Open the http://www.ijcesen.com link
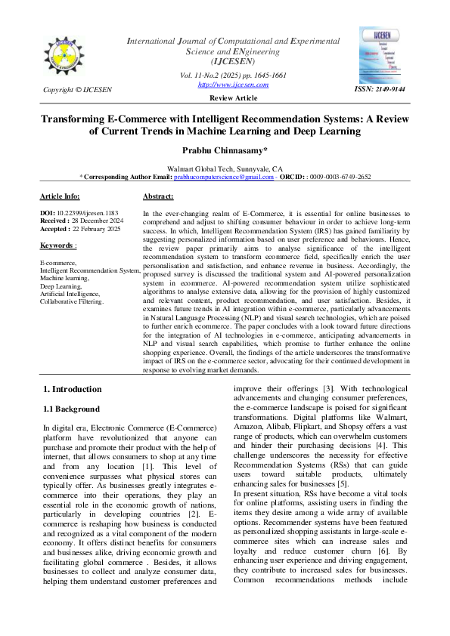(x=222, y=85)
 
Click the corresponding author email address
(x=224, y=177)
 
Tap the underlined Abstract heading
(x=158, y=196)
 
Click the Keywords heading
(x=57, y=245)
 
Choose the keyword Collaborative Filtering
(x=73, y=301)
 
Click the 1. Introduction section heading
(x=72, y=389)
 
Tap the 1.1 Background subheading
(x=70, y=409)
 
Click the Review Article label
(x=224, y=99)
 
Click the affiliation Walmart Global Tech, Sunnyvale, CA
(x=225, y=168)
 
